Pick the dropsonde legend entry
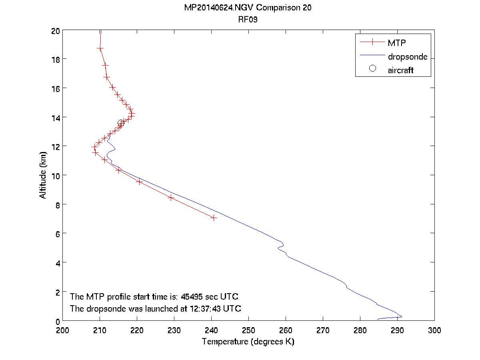point(407,56)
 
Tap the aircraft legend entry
point(400,70)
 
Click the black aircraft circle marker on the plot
point(121,123)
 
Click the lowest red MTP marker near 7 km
point(214,218)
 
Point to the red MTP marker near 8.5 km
point(172,198)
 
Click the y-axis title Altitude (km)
point(43,176)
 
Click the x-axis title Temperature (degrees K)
point(248,342)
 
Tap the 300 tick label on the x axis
point(434,330)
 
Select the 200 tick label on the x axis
point(63,330)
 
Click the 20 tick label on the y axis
point(55,31)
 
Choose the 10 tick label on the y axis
point(55,176)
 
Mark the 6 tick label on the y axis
point(57,234)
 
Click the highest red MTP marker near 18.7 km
point(100,48)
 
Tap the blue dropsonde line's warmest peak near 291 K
point(401,316)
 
